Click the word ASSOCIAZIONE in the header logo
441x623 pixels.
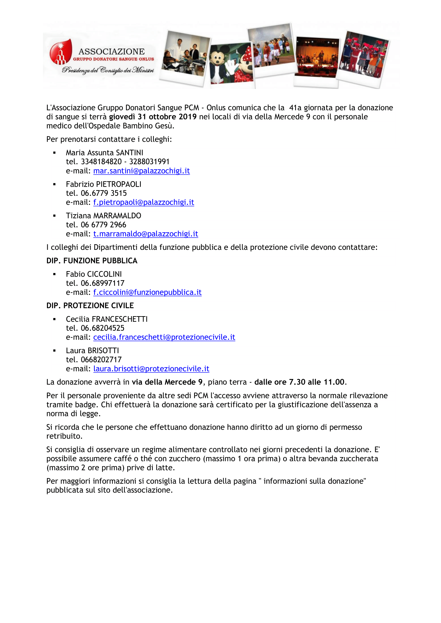[112, 52]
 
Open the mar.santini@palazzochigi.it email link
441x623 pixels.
[142, 171]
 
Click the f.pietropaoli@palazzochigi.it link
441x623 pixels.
[144, 202]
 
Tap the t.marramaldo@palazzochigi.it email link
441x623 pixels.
[146, 234]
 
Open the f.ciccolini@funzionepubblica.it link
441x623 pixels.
[147, 292]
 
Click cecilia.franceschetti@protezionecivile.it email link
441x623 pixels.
[164, 337]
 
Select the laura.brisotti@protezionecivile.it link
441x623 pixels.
[151, 369]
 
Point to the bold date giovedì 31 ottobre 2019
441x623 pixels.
[153, 117]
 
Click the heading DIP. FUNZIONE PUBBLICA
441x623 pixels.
[92, 261]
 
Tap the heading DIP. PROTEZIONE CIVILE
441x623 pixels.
[90, 306]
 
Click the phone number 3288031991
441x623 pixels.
[149, 162]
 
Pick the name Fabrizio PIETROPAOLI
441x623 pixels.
[103, 185]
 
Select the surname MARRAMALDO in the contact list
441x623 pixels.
[117, 216]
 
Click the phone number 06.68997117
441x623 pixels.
[102, 283]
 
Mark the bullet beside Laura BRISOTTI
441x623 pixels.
[55, 351]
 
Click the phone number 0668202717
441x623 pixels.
[101, 360]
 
